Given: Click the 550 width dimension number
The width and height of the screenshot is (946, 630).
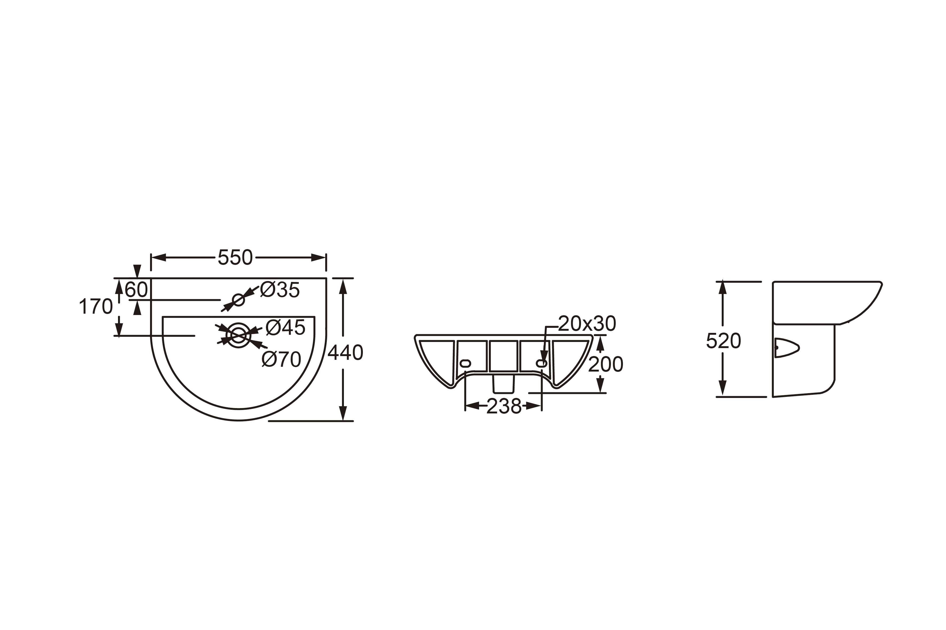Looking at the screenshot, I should click(x=235, y=258).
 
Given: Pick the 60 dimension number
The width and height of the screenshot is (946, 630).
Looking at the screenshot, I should click(x=136, y=290).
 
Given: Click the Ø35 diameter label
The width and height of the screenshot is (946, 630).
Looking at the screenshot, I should click(x=280, y=290).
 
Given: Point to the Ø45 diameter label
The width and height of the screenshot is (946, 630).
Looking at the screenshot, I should click(x=286, y=328).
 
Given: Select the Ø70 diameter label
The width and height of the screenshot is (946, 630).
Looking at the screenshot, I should click(x=281, y=359).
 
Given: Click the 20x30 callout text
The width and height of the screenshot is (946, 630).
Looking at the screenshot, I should click(x=587, y=324).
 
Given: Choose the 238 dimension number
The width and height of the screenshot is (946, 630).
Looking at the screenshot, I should click(x=504, y=406).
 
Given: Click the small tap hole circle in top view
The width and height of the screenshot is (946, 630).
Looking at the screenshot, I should click(x=238, y=300).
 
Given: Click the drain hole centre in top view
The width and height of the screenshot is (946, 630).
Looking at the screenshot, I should click(x=238, y=335).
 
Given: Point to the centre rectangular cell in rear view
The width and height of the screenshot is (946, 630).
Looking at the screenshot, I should click(x=503, y=356).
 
